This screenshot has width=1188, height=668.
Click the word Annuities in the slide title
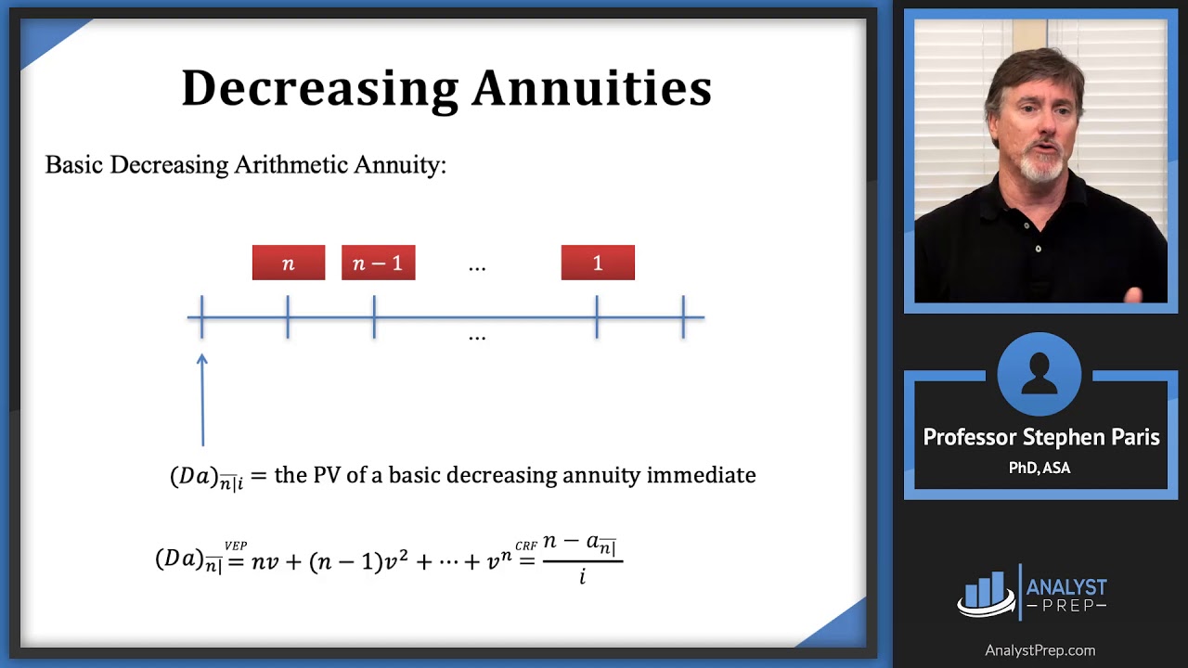(x=591, y=89)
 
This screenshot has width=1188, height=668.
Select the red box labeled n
(x=289, y=263)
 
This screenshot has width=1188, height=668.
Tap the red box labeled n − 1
(x=378, y=263)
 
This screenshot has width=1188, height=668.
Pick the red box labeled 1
(x=598, y=263)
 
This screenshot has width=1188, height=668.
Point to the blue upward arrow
(x=202, y=399)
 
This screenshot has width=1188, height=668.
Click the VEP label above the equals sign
(x=236, y=546)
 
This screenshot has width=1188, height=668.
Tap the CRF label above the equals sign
(x=526, y=546)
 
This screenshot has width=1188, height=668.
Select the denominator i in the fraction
(x=582, y=578)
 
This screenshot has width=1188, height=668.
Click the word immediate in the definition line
(x=701, y=475)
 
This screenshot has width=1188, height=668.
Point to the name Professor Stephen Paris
(x=1040, y=438)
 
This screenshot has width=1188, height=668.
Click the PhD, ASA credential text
(x=1039, y=469)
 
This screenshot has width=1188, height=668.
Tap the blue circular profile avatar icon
(x=1039, y=373)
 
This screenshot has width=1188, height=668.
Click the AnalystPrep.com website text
(x=1039, y=650)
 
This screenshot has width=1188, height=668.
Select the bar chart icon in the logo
(x=986, y=592)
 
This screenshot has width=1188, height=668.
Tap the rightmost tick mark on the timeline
(x=683, y=317)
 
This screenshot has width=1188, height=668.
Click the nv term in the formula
(x=265, y=560)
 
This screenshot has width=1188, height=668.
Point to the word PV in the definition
(x=328, y=475)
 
